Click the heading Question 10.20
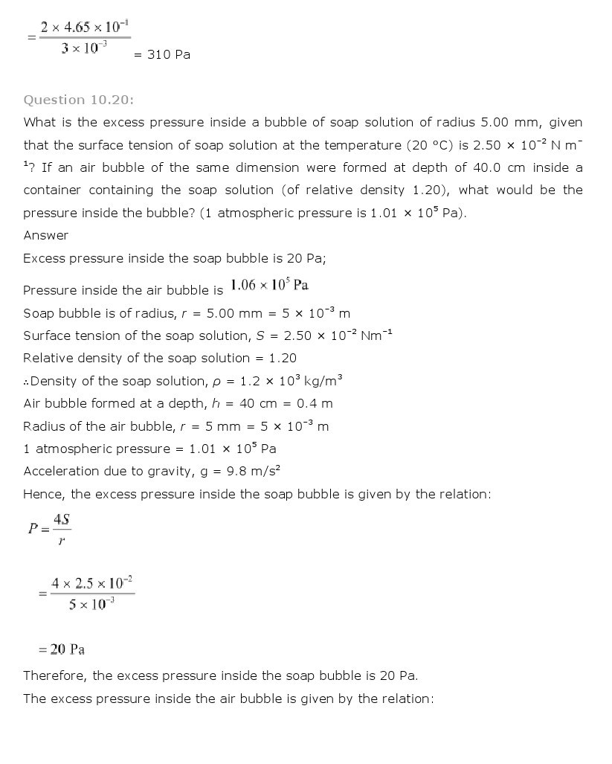(x=78, y=100)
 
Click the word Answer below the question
(x=45, y=235)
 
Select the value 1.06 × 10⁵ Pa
(x=269, y=286)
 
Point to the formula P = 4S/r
(x=49, y=529)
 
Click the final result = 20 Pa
(x=62, y=649)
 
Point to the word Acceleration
(x=61, y=471)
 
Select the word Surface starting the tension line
(x=47, y=336)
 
